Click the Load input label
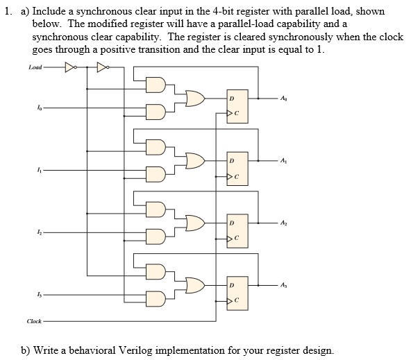(x=35, y=67)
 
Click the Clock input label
(x=34, y=320)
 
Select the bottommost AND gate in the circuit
(x=157, y=299)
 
